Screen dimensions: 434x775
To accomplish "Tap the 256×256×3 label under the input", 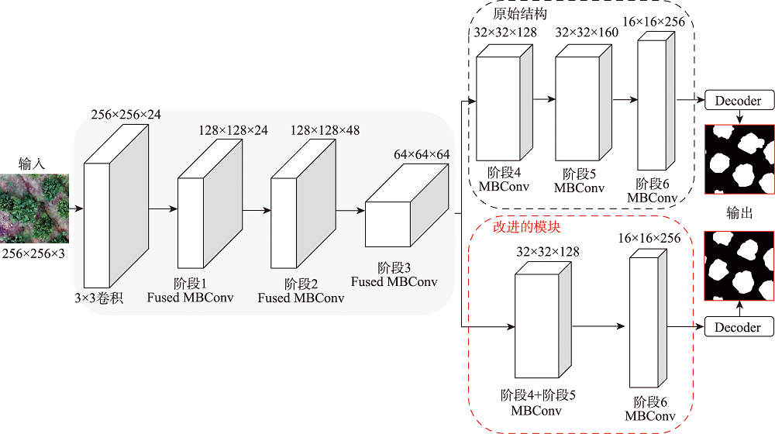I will pos(34,253).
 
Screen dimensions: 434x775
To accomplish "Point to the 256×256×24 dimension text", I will pos(126,115).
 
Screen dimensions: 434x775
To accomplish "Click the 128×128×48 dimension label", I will pos(325,130).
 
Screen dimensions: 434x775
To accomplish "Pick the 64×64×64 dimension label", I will pos(422,155).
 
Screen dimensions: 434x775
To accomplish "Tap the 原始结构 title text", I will pos(519,14).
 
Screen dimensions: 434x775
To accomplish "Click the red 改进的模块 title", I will pos(527,228).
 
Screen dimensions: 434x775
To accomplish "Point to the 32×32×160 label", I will pos(587,33).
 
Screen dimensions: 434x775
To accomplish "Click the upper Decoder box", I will pos(738,101).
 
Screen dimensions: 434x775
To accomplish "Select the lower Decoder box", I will pos(738,327).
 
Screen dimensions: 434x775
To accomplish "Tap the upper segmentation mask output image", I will pos(739,160).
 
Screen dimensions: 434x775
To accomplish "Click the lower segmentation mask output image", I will pos(739,266).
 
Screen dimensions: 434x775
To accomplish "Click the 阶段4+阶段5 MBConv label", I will pos(537,402).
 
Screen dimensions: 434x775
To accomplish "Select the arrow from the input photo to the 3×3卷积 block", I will pos(76,208).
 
